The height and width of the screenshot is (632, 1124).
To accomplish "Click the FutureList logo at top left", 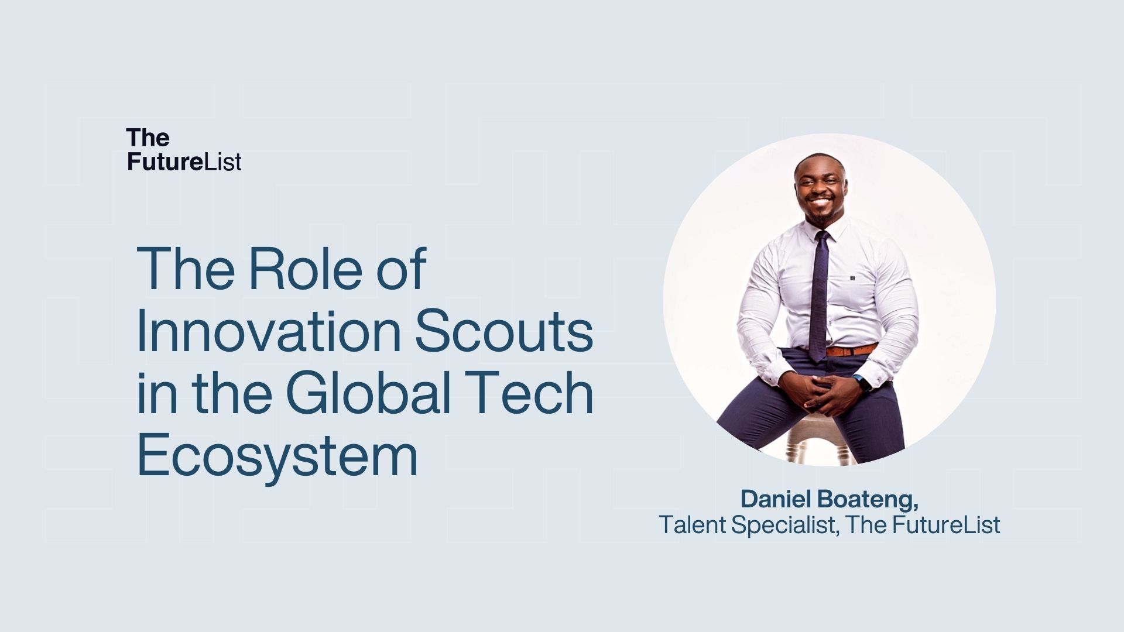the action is tap(184, 150).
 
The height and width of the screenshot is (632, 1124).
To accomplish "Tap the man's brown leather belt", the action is tap(851, 351).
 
